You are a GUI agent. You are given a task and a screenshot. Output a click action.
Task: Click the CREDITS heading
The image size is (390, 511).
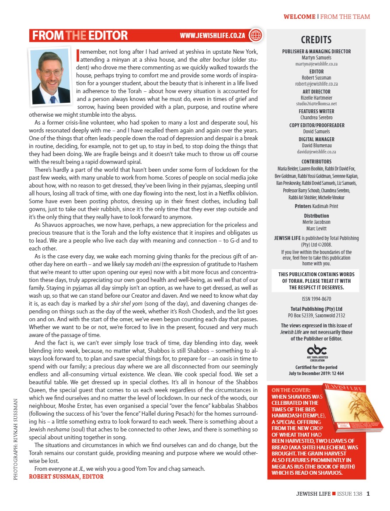click(317, 40)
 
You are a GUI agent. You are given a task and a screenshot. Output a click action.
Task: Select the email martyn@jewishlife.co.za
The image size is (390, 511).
click(317, 63)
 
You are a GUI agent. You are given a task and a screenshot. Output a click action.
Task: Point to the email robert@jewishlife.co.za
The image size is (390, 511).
click(317, 83)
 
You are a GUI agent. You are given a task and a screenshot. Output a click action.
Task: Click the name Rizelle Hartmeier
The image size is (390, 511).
click(317, 97)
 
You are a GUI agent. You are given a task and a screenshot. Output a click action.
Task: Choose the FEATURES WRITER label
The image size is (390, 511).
click(317, 111)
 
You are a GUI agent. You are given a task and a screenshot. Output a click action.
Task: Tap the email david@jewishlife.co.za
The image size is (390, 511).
click(317, 151)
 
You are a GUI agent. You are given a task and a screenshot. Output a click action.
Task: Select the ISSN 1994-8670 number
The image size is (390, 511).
click(317, 299)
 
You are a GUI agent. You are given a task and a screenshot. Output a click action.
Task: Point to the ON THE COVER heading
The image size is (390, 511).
click(291, 390)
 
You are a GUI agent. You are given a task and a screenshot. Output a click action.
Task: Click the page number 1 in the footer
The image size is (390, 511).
click(369, 494)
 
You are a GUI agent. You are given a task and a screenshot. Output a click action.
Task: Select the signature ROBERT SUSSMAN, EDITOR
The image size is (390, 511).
click(66, 476)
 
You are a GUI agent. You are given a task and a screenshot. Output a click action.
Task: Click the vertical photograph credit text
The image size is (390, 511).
click(16, 438)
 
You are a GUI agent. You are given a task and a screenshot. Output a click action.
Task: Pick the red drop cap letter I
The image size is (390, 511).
click(78, 55)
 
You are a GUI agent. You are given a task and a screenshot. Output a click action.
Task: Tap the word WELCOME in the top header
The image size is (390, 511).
click(299, 17)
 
